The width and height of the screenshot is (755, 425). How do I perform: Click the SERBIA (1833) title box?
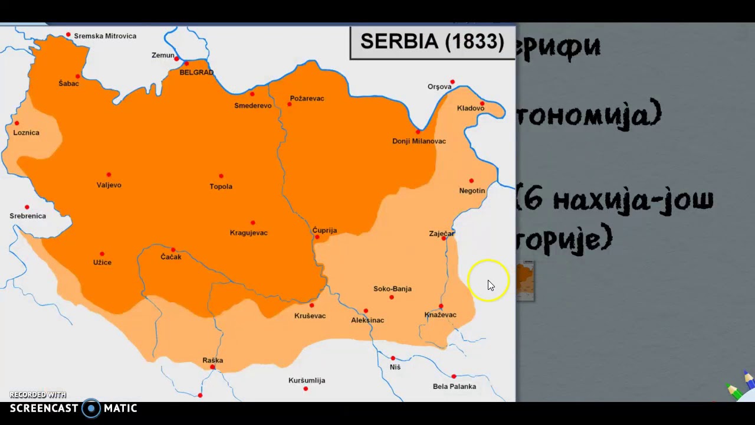432,42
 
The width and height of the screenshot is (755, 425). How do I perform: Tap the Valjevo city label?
109,185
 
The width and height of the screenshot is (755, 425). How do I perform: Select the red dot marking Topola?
221,176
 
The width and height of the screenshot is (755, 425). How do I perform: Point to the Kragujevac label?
248,233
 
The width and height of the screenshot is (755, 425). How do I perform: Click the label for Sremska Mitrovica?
105,36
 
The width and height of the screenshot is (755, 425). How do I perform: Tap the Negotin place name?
472,191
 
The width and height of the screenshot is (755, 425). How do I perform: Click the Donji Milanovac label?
419,141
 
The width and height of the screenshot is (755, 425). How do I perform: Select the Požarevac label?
307,99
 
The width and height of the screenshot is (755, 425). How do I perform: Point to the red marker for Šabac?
77,76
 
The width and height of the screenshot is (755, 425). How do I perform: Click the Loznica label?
27,133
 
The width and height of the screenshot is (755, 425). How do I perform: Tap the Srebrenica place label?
28,216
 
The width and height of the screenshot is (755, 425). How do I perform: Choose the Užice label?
102,263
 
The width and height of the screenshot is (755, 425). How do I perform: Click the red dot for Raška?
212,367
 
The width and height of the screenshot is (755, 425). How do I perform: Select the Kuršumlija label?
307,381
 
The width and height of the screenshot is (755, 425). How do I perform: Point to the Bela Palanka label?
454,387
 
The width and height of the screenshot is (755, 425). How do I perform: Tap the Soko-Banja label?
392,289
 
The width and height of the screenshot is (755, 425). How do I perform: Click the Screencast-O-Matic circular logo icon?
91,408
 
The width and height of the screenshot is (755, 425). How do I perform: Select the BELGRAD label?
196,73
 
